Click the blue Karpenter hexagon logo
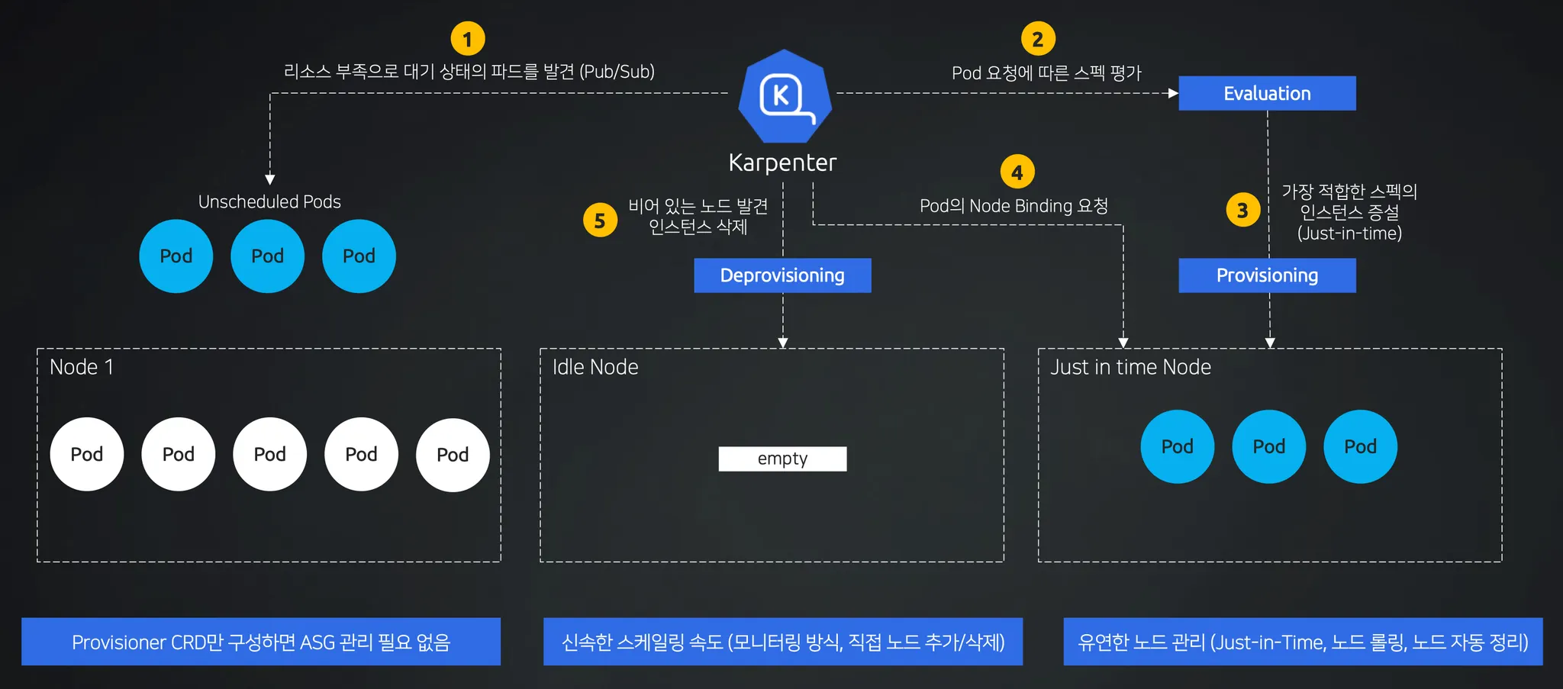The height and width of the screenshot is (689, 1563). [x=785, y=96]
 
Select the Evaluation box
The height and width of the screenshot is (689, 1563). [x=1267, y=93]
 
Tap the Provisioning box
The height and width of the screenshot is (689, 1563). [x=1267, y=275]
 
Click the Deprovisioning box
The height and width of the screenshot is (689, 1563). [x=782, y=275]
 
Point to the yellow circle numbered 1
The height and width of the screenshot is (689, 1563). [x=468, y=38]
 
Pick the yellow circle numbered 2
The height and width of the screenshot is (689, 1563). [x=1038, y=39]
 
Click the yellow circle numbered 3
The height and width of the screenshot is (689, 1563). [x=1242, y=210]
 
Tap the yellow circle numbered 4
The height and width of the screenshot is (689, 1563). [x=1017, y=172]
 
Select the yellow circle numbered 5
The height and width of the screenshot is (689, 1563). [x=600, y=221]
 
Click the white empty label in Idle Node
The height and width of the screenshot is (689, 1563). [x=782, y=459]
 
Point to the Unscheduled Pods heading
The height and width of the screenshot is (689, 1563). [x=269, y=201]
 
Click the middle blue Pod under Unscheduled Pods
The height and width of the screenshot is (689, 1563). [x=268, y=256]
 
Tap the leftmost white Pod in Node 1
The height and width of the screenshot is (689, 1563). [x=87, y=454]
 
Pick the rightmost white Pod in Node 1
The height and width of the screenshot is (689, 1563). [x=453, y=455]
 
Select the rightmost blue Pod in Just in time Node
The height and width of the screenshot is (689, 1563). [x=1360, y=446]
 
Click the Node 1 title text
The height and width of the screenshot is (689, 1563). [x=82, y=367]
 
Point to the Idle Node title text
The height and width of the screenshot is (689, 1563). [x=595, y=367]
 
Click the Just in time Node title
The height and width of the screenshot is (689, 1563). [x=1130, y=367]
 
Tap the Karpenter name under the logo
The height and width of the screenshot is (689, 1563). [x=782, y=163]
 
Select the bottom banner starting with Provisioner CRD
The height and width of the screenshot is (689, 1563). [x=261, y=642]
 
